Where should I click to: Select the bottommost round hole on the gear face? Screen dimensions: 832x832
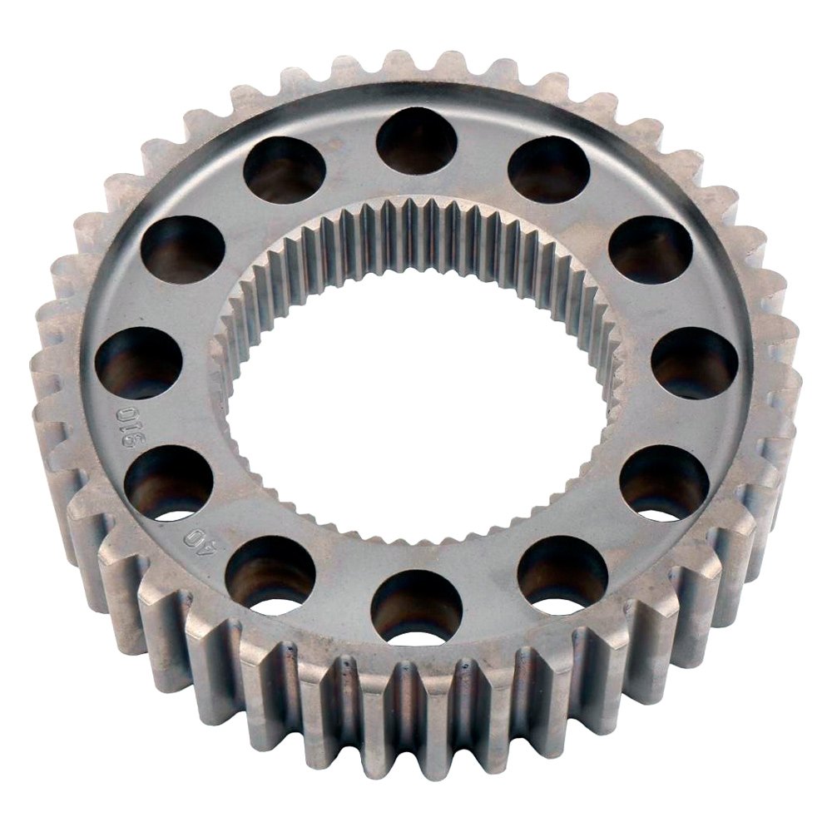point(416,607)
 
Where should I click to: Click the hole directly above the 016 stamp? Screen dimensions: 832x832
point(138,363)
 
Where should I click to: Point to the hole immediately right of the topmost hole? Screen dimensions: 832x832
point(548,171)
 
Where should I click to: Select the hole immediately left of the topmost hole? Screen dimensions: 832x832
point(284,171)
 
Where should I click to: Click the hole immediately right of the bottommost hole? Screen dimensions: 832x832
point(562,574)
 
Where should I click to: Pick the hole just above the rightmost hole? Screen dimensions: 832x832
point(651,250)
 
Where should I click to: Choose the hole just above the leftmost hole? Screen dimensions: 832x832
point(182,250)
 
